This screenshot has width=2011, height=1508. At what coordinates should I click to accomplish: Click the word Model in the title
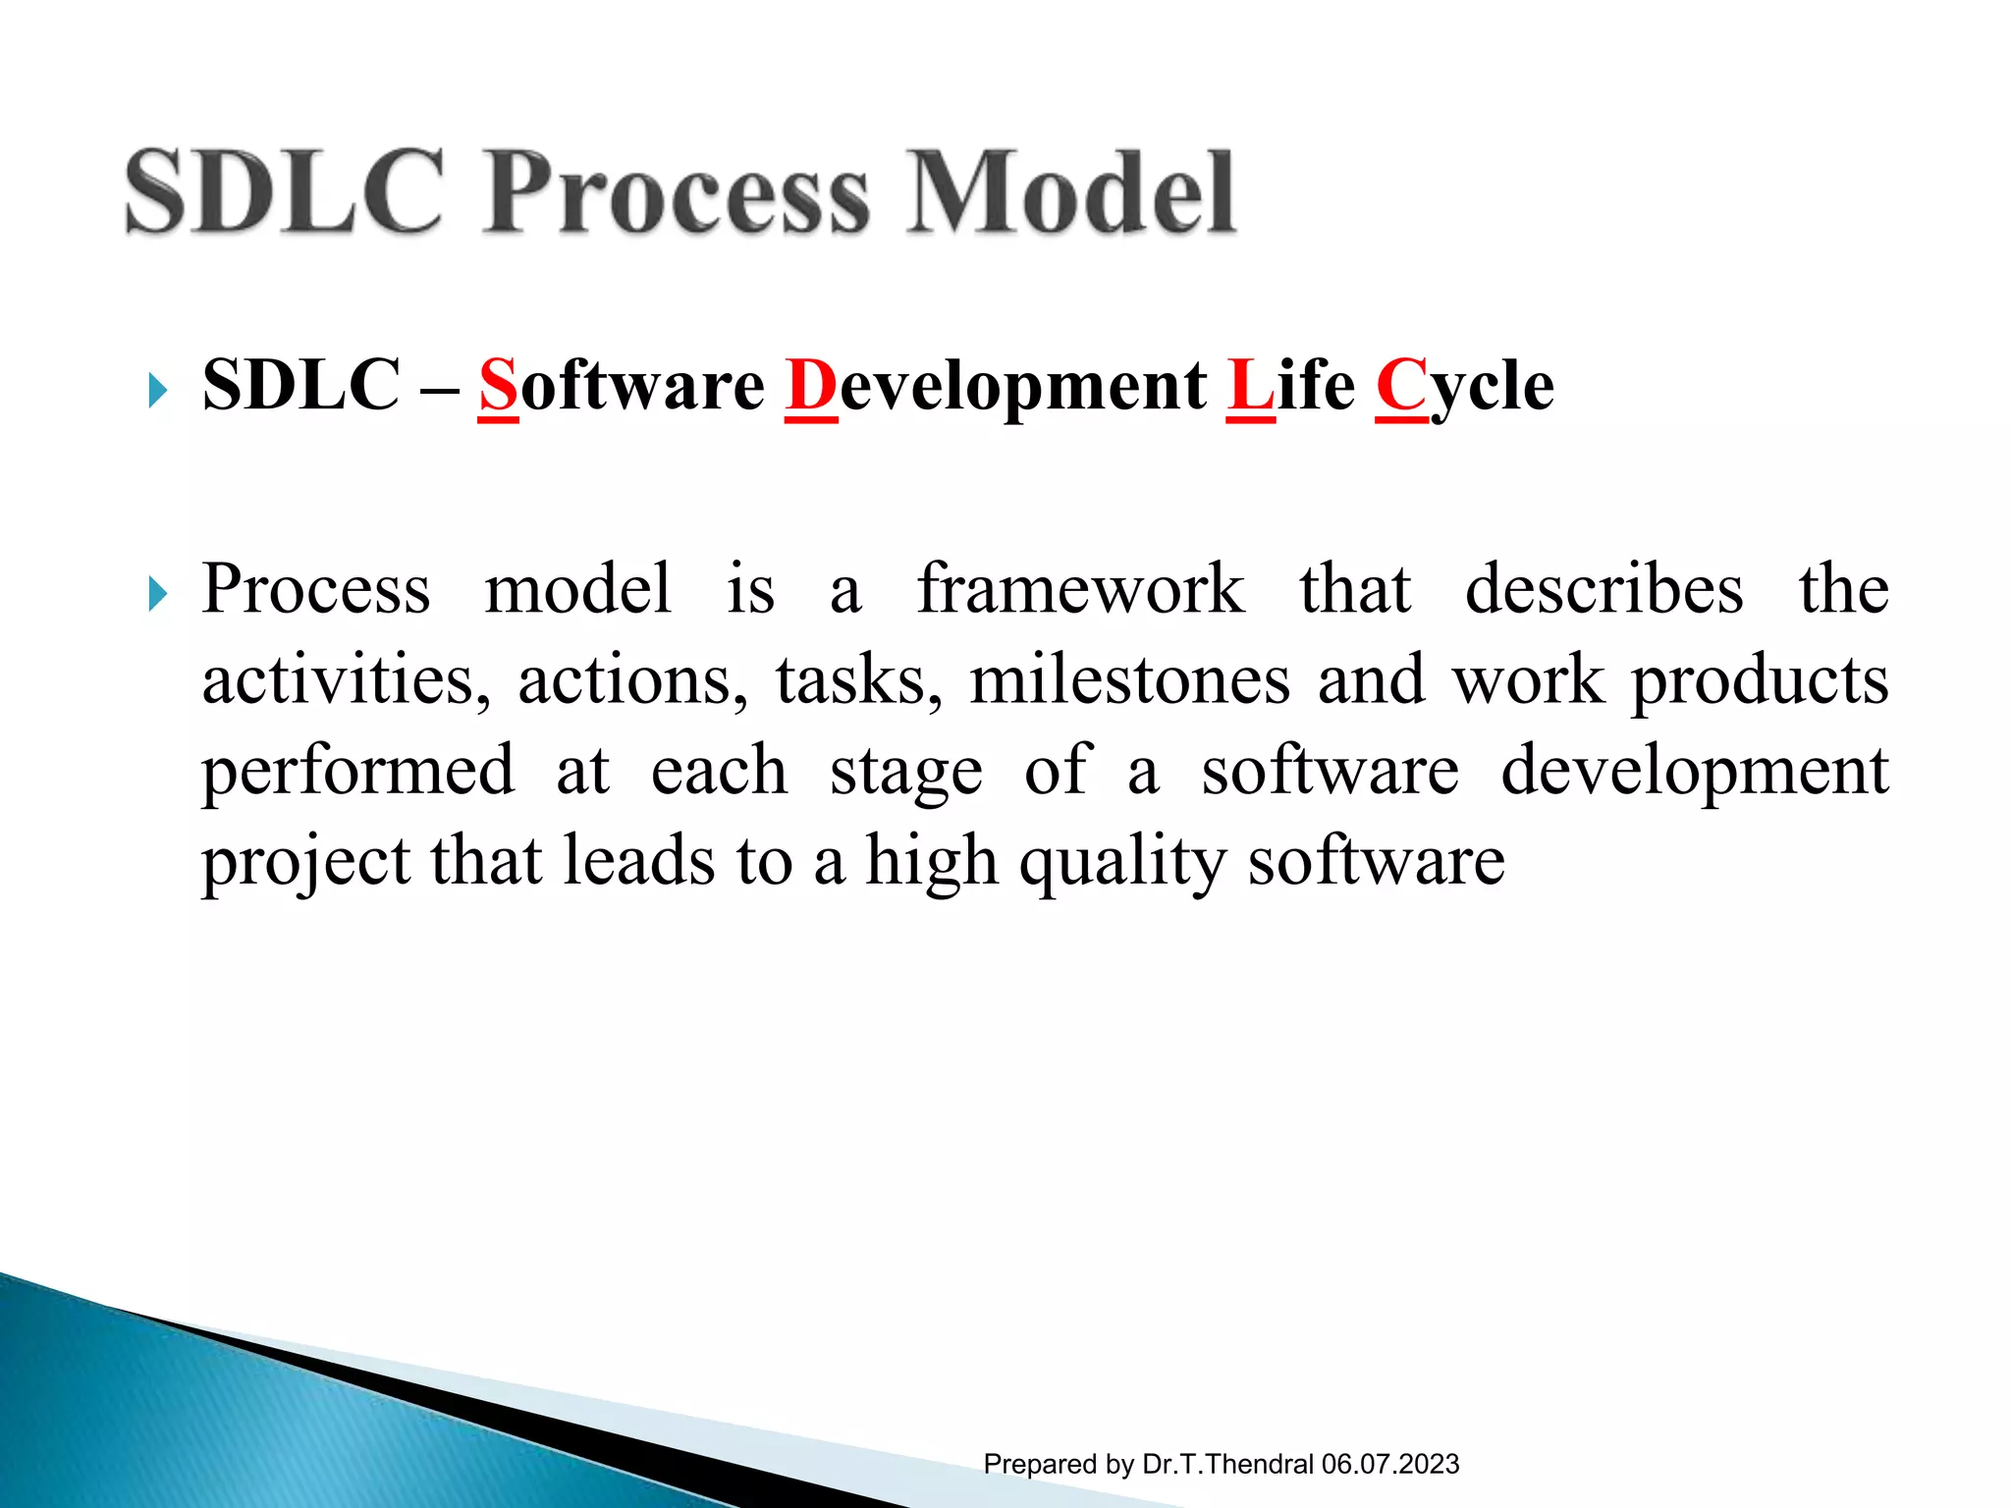(1070, 192)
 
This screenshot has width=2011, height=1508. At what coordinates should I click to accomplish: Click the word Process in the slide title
(676, 192)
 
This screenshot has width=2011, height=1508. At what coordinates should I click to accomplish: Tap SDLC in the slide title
(285, 192)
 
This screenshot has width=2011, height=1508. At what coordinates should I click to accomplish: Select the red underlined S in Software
(498, 386)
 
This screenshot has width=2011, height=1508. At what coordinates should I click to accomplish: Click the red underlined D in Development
(811, 386)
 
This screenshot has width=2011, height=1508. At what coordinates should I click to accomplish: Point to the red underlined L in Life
(1250, 386)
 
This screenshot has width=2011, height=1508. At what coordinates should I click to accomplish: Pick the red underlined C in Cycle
(1401, 386)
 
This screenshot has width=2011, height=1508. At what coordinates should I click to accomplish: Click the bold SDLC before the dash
(301, 386)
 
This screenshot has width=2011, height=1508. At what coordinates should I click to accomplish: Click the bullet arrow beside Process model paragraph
(157, 594)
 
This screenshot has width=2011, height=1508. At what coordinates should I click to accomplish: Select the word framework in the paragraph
(1080, 589)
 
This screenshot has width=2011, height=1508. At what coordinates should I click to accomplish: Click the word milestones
(1129, 680)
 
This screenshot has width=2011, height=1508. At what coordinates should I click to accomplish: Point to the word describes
(1603, 589)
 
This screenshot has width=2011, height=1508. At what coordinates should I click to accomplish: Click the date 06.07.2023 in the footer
(1390, 1465)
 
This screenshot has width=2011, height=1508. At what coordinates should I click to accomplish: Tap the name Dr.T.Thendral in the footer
(1227, 1465)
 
